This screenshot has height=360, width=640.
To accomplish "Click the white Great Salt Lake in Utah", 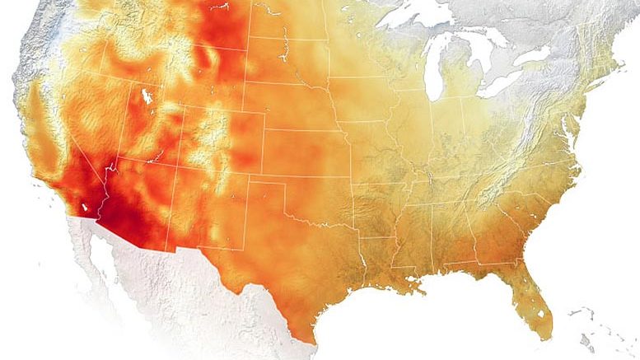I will click(x=147, y=96).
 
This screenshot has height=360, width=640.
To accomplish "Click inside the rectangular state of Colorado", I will click(x=218, y=136).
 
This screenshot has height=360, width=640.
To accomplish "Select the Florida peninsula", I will click(x=531, y=297).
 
